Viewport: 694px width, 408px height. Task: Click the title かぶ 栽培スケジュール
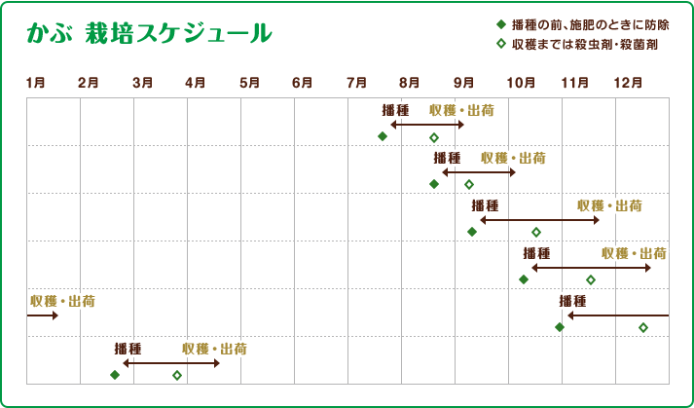tap(149, 34)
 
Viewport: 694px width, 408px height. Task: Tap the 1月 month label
tap(35, 82)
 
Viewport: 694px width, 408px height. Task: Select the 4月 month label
tap(195, 82)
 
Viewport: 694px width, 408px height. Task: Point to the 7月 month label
tap(356, 82)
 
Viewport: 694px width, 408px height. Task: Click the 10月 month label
tap(520, 82)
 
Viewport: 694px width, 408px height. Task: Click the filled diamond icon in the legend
tap(500, 24)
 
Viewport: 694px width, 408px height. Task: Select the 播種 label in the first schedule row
tap(395, 110)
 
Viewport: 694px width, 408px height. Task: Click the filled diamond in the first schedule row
tap(383, 136)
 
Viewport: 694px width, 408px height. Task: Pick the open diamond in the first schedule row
tap(434, 137)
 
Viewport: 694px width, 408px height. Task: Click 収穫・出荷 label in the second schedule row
tap(513, 158)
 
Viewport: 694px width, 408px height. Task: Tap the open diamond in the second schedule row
tap(469, 184)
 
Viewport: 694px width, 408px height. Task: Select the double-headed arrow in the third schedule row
tap(539, 221)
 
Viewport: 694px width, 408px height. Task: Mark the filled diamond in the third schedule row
tap(472, 232)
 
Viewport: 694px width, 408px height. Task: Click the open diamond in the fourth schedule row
tap(590, 279)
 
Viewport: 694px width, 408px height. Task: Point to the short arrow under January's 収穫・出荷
tap(42, 315)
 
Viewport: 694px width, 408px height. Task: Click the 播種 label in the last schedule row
tap(128, 349)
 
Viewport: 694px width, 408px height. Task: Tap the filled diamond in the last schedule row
tap(115, 375)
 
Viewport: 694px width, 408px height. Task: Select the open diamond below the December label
tap(643, 327)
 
